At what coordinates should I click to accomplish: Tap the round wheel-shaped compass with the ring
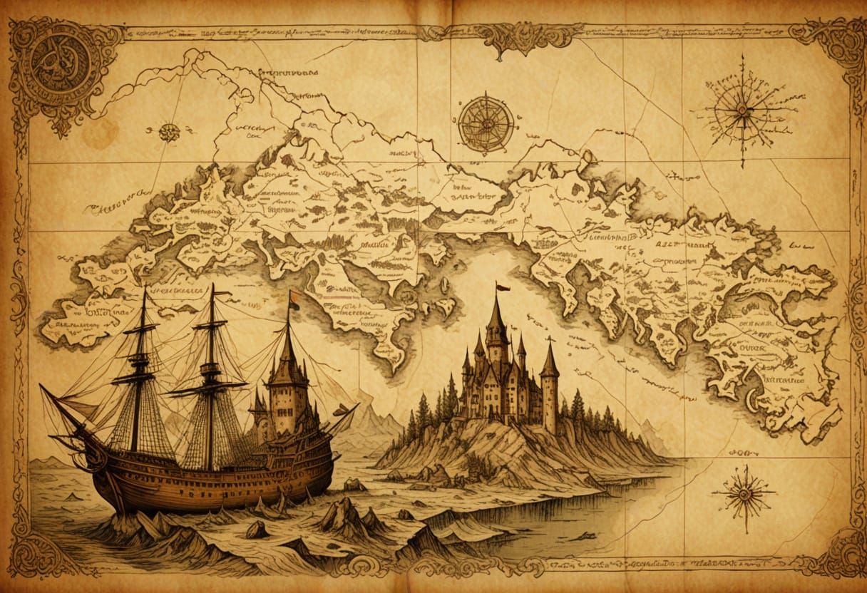486,123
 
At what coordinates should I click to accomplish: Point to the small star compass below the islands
743,493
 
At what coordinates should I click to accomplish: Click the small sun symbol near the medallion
169,132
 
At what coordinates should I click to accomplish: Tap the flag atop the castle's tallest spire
503,288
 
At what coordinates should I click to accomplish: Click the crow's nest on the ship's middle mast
210,371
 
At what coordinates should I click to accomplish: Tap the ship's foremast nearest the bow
143,371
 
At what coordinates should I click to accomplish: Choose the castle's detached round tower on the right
549,392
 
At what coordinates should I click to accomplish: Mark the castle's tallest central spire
496,335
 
